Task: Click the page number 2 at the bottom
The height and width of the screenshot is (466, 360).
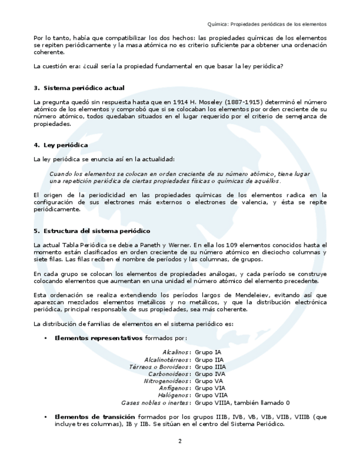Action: coord(180,441)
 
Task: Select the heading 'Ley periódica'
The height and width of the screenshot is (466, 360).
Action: coord(66,145)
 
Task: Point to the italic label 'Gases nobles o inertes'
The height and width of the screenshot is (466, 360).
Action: coord(156,403)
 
